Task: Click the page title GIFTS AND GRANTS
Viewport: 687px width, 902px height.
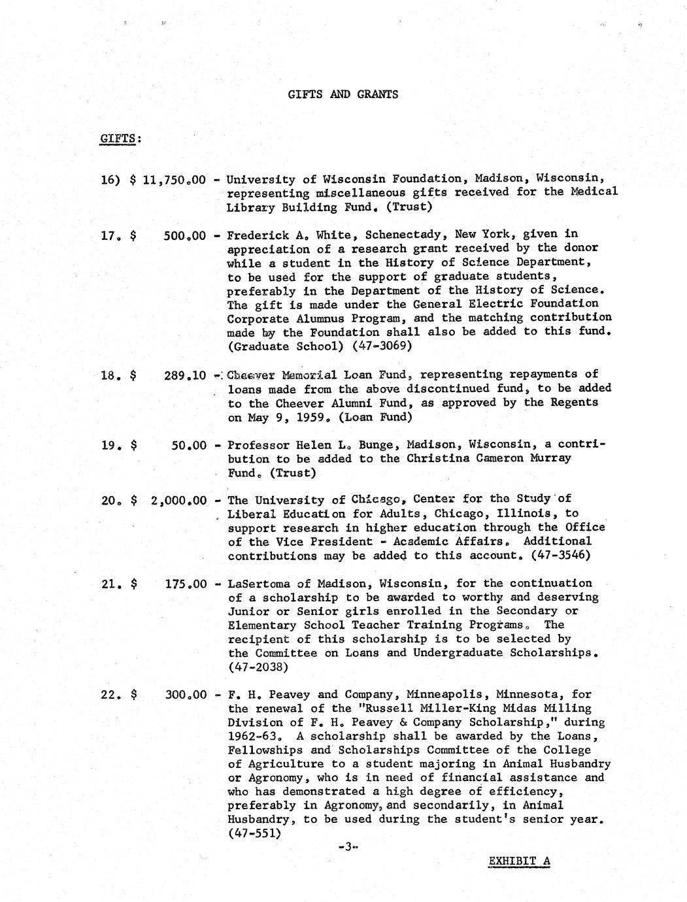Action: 343,94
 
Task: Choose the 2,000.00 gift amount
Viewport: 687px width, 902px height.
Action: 178,501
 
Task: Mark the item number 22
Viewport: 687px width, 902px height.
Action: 110,695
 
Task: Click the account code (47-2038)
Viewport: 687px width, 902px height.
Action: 257,667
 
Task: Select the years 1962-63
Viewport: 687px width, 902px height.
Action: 254,736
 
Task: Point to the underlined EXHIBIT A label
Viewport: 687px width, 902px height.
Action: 519,861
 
